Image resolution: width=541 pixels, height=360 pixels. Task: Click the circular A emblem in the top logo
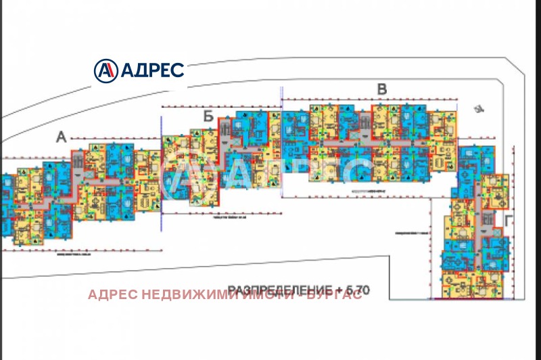pyautogui.click(x=105, y=70)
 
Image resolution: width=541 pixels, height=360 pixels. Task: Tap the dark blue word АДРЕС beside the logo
pyautogui.click(x=151, y=70)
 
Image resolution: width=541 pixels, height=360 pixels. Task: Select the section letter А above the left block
pyautogui.click(x=61, y=137)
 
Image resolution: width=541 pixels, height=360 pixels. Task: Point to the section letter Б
pyautogui.click(x=208, y=116)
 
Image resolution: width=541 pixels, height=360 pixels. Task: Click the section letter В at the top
pyautogui.click(x=381, y=89)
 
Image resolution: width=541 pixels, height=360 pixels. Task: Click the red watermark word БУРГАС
pyautogui.click(x=334, y=295)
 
